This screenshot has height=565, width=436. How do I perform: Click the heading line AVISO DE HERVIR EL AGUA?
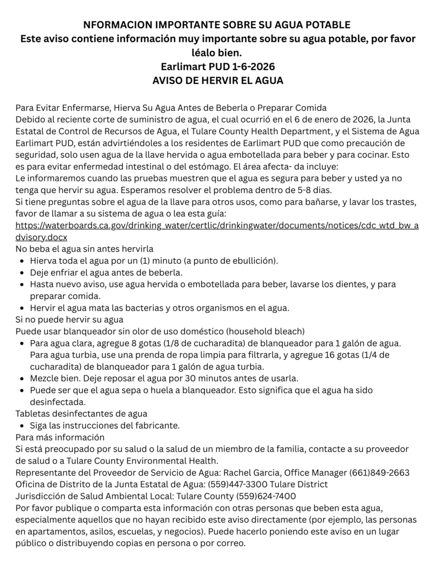point(217,81)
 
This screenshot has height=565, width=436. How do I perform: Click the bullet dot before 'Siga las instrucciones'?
point(21,425)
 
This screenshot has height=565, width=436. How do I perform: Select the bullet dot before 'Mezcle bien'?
point(21,379)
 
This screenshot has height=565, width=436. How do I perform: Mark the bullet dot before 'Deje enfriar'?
point(21,273)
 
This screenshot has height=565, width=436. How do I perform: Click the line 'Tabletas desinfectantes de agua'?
point(81,413)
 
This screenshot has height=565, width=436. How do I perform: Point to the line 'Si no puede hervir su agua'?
point(69,319)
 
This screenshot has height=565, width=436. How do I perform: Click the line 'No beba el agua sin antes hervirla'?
point(84,249)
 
